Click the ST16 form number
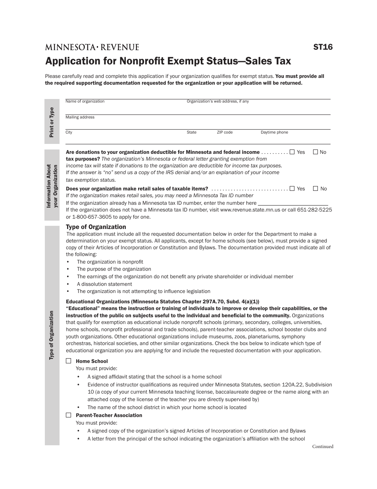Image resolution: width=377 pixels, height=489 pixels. (x=323, y=47)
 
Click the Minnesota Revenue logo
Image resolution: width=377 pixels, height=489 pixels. (x=92, y=47)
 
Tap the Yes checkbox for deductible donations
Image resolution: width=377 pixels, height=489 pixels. (x=292, y=152)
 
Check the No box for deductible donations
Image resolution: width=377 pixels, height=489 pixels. (x=315, y=152)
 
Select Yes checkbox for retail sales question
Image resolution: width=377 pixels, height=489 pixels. (x=292, y=188)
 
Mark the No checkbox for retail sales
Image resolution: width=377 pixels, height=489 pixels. (x=315, y=188)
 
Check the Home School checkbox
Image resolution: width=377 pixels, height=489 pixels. (x=69, y=361)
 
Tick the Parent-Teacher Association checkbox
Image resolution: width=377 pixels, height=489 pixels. (x=69, y=415)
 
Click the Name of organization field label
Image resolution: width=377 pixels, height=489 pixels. (x=85, y=101)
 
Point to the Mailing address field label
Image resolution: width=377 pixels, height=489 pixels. (x=80, y=117)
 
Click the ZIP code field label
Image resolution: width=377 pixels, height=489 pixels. (x=225, y=132)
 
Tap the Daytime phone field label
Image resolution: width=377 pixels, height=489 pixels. (x=274, y=132)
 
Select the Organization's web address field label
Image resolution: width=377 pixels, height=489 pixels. (x=218, y=101)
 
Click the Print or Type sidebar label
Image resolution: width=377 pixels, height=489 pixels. (x=52, y=122)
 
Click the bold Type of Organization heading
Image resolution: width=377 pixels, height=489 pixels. (x=96, y=227)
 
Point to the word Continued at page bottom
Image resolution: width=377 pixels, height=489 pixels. (x=323, y=446)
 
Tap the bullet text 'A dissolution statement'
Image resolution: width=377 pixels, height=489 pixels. (x=104, y=284)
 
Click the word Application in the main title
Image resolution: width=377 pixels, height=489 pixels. (x=69, y=61)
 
